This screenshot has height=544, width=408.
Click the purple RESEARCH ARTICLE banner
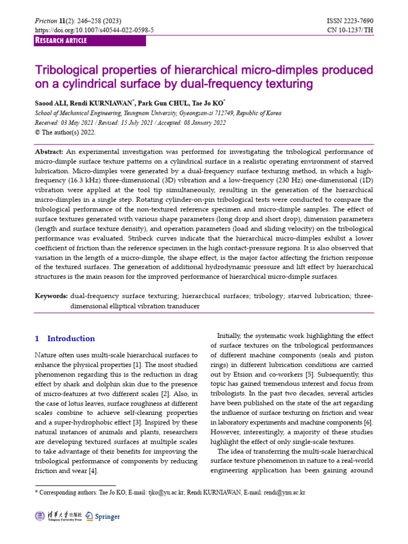pyautogui.click(x=61, y=41)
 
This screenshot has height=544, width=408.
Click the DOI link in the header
pyautogui.click(x=94, y=31)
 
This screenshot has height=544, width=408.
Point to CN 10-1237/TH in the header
pyautogui.click(x=351, y=31)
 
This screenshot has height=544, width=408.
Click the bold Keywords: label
pyautogui.click(x=52, y=296)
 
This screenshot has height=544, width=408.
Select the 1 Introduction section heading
pyautogui.click(x=65, y=338)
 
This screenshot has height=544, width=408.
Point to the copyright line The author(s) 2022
pyautogui.click(x=68, y=132)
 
